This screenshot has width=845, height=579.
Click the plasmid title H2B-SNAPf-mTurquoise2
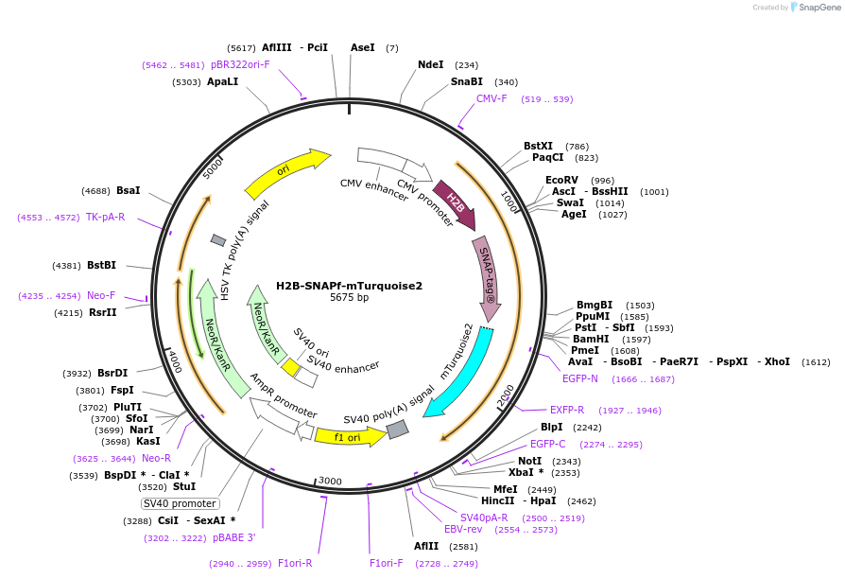(349, 285)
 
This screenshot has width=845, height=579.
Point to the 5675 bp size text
(349, 298)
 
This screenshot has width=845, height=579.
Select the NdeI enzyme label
(430, 65)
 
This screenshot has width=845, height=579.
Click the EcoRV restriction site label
(561, 180)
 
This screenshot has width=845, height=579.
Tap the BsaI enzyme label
(128, 190)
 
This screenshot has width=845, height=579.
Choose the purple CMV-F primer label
(491, 98)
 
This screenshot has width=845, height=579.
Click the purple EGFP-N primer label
(580, 378)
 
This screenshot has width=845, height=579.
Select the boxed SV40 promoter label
(180, 503)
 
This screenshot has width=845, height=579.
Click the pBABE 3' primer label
(233, 537)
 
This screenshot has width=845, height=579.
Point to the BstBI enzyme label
(101, 265)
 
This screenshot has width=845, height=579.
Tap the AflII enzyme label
(426, 546)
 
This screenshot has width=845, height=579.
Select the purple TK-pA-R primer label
(105, 217)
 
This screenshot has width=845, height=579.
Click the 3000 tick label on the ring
(330, 482)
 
